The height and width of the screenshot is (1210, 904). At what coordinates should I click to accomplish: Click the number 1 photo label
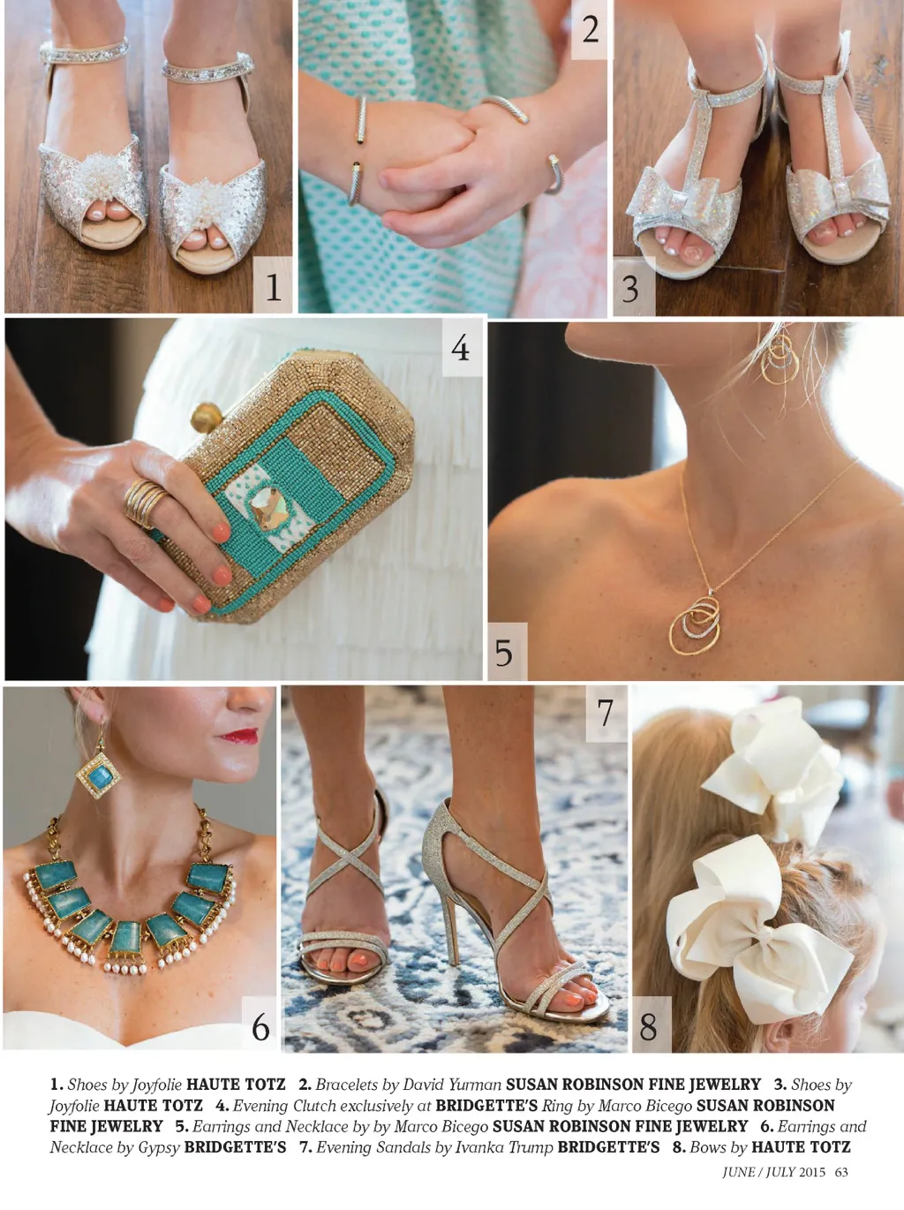tap(274, 287)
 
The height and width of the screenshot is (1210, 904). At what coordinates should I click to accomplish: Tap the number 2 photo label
tap(590, 29)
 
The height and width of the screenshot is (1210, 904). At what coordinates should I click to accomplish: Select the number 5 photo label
tap(503, 652)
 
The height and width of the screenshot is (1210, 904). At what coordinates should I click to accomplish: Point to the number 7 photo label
tap(606, 713)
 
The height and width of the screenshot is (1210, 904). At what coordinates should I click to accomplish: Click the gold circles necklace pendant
tap(695, 624)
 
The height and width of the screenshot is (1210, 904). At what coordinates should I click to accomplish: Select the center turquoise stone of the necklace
tap(126, 938)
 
